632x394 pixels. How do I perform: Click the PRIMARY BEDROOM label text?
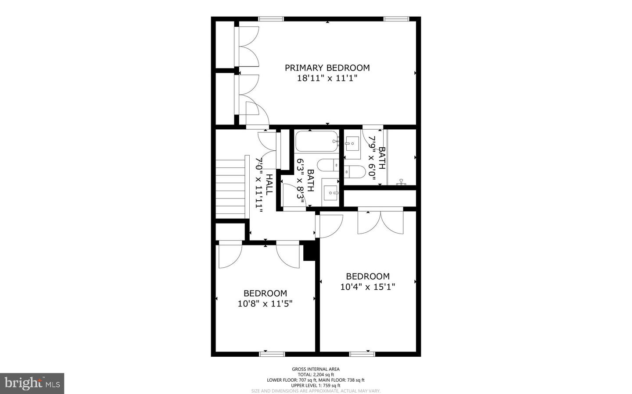pyautogui.click(x=327, y=68)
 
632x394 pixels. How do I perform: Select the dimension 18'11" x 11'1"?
pyautogui.click(x=327, y=79)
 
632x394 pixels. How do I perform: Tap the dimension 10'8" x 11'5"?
pyautogui.click(x=265, y=304)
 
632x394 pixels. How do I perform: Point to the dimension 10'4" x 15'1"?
pyautogui.click(x=368, y=287)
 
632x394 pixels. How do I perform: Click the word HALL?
pyautogui.click(x=269, y=185)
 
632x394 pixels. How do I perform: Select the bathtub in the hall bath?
pyautogui.click(x=317, y=142)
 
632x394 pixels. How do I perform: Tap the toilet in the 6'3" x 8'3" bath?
pyautogui.click(x=328, y=165)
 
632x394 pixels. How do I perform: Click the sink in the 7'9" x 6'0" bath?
pyautogui.click(x=352, y=143)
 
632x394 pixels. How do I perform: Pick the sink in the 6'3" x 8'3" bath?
pyautogui.click(x=330, y=192)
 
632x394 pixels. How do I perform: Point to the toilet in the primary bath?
pyautogui.click(x=355, y=171)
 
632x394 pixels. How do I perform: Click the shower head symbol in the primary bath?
pyautogui.click(x=401, y=181)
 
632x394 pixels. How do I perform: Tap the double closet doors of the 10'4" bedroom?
pyautogui.click(x=381, y=222)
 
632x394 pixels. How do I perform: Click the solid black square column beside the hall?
pyautogui.click(x=310, y=252)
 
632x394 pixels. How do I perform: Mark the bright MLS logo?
pyautogui.click(x=32, y=383)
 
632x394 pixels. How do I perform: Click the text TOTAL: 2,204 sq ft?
pyautogui.click(x=316, y=375)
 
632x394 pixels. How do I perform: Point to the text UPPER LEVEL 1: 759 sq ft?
pyautogui.click(x=316, y=385)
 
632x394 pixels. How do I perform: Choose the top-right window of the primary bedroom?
pyautogui.click(x=396, y=19)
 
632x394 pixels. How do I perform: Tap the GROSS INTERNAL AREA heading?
pyautogui.click(x=316, y=369)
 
